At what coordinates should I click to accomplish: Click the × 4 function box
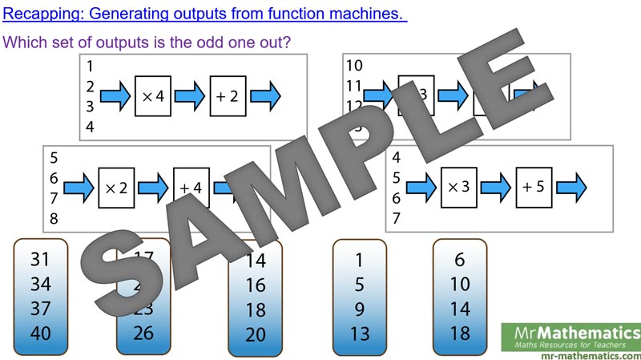point(153,96)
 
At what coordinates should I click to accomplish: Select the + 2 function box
point(228,96)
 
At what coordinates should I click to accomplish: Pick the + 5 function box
point(534,187)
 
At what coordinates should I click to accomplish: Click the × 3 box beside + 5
point(458,187)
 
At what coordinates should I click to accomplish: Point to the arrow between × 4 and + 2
point(190,96)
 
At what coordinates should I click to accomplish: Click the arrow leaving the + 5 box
point(571,187)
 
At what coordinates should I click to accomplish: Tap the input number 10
point(354,66)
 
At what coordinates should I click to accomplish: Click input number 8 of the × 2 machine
point(54,218)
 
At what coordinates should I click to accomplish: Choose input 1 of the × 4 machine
point(91,66)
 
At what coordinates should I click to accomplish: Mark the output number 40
point(40,333)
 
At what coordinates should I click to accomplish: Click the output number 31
point(40,258)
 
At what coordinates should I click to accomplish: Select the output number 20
point(256,334)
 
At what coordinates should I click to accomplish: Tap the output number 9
point(359,308)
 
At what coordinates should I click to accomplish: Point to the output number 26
point(143,333)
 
